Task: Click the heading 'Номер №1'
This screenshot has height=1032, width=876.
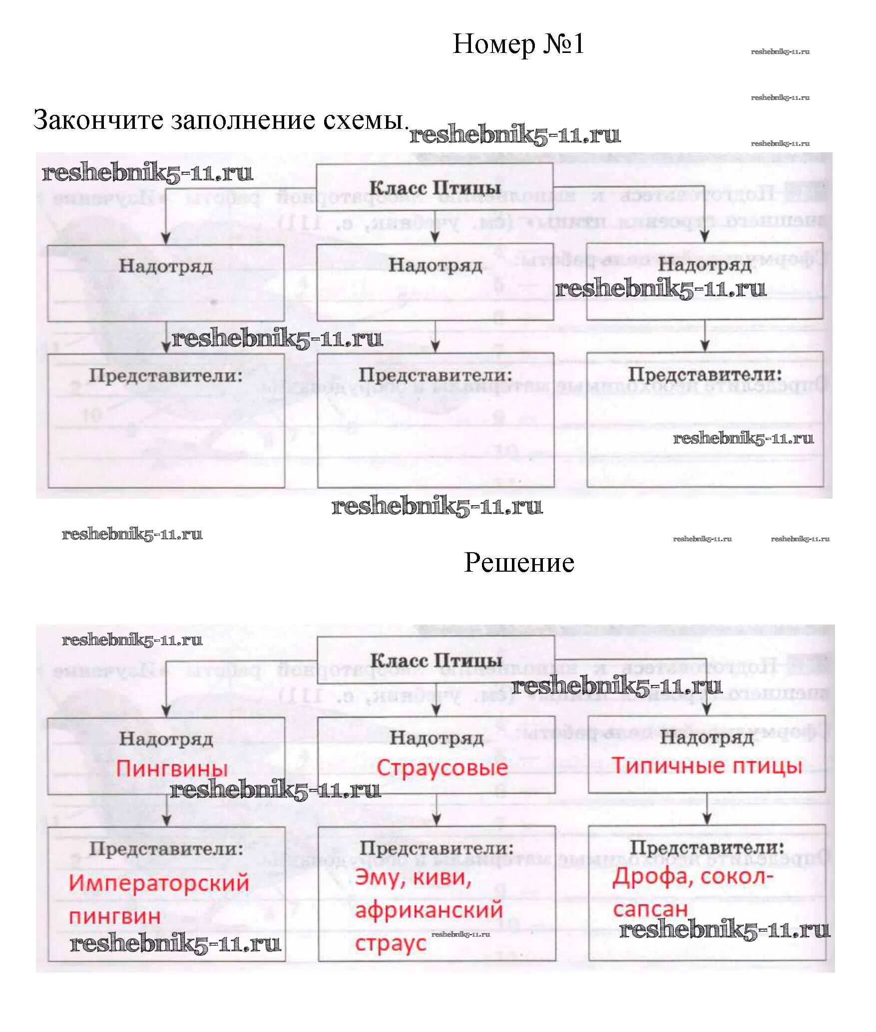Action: point(518,44)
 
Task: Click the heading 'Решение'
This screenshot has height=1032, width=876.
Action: point(519,563)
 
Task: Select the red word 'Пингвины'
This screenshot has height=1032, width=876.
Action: point(172,768)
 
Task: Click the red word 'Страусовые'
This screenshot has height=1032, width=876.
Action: point(442,767)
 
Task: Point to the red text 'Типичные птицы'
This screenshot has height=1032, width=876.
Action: point(707,765)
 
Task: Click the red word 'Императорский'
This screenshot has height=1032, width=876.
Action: point(159,883)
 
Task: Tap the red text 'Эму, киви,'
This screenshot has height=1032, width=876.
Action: point(413,877)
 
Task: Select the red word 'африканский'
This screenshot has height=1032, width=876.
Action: point(429,910)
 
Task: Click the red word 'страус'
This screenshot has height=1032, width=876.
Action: point(391,943)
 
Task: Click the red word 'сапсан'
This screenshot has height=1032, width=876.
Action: point(650,909)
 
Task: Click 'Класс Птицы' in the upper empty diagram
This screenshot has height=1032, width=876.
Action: point(435,188)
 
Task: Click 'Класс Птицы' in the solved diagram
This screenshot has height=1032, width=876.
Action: point(436,660)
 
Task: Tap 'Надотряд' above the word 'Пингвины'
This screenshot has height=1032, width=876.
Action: point(166,738)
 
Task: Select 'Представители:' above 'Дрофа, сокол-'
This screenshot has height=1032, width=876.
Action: point(707,847)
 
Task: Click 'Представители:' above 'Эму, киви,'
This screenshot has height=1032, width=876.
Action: point(437,848)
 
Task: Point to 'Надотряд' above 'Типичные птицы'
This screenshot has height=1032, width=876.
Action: point(707,737)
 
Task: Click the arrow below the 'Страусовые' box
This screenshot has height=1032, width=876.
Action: point(437,809)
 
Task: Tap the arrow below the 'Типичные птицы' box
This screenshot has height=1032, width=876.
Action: point(707,809)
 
